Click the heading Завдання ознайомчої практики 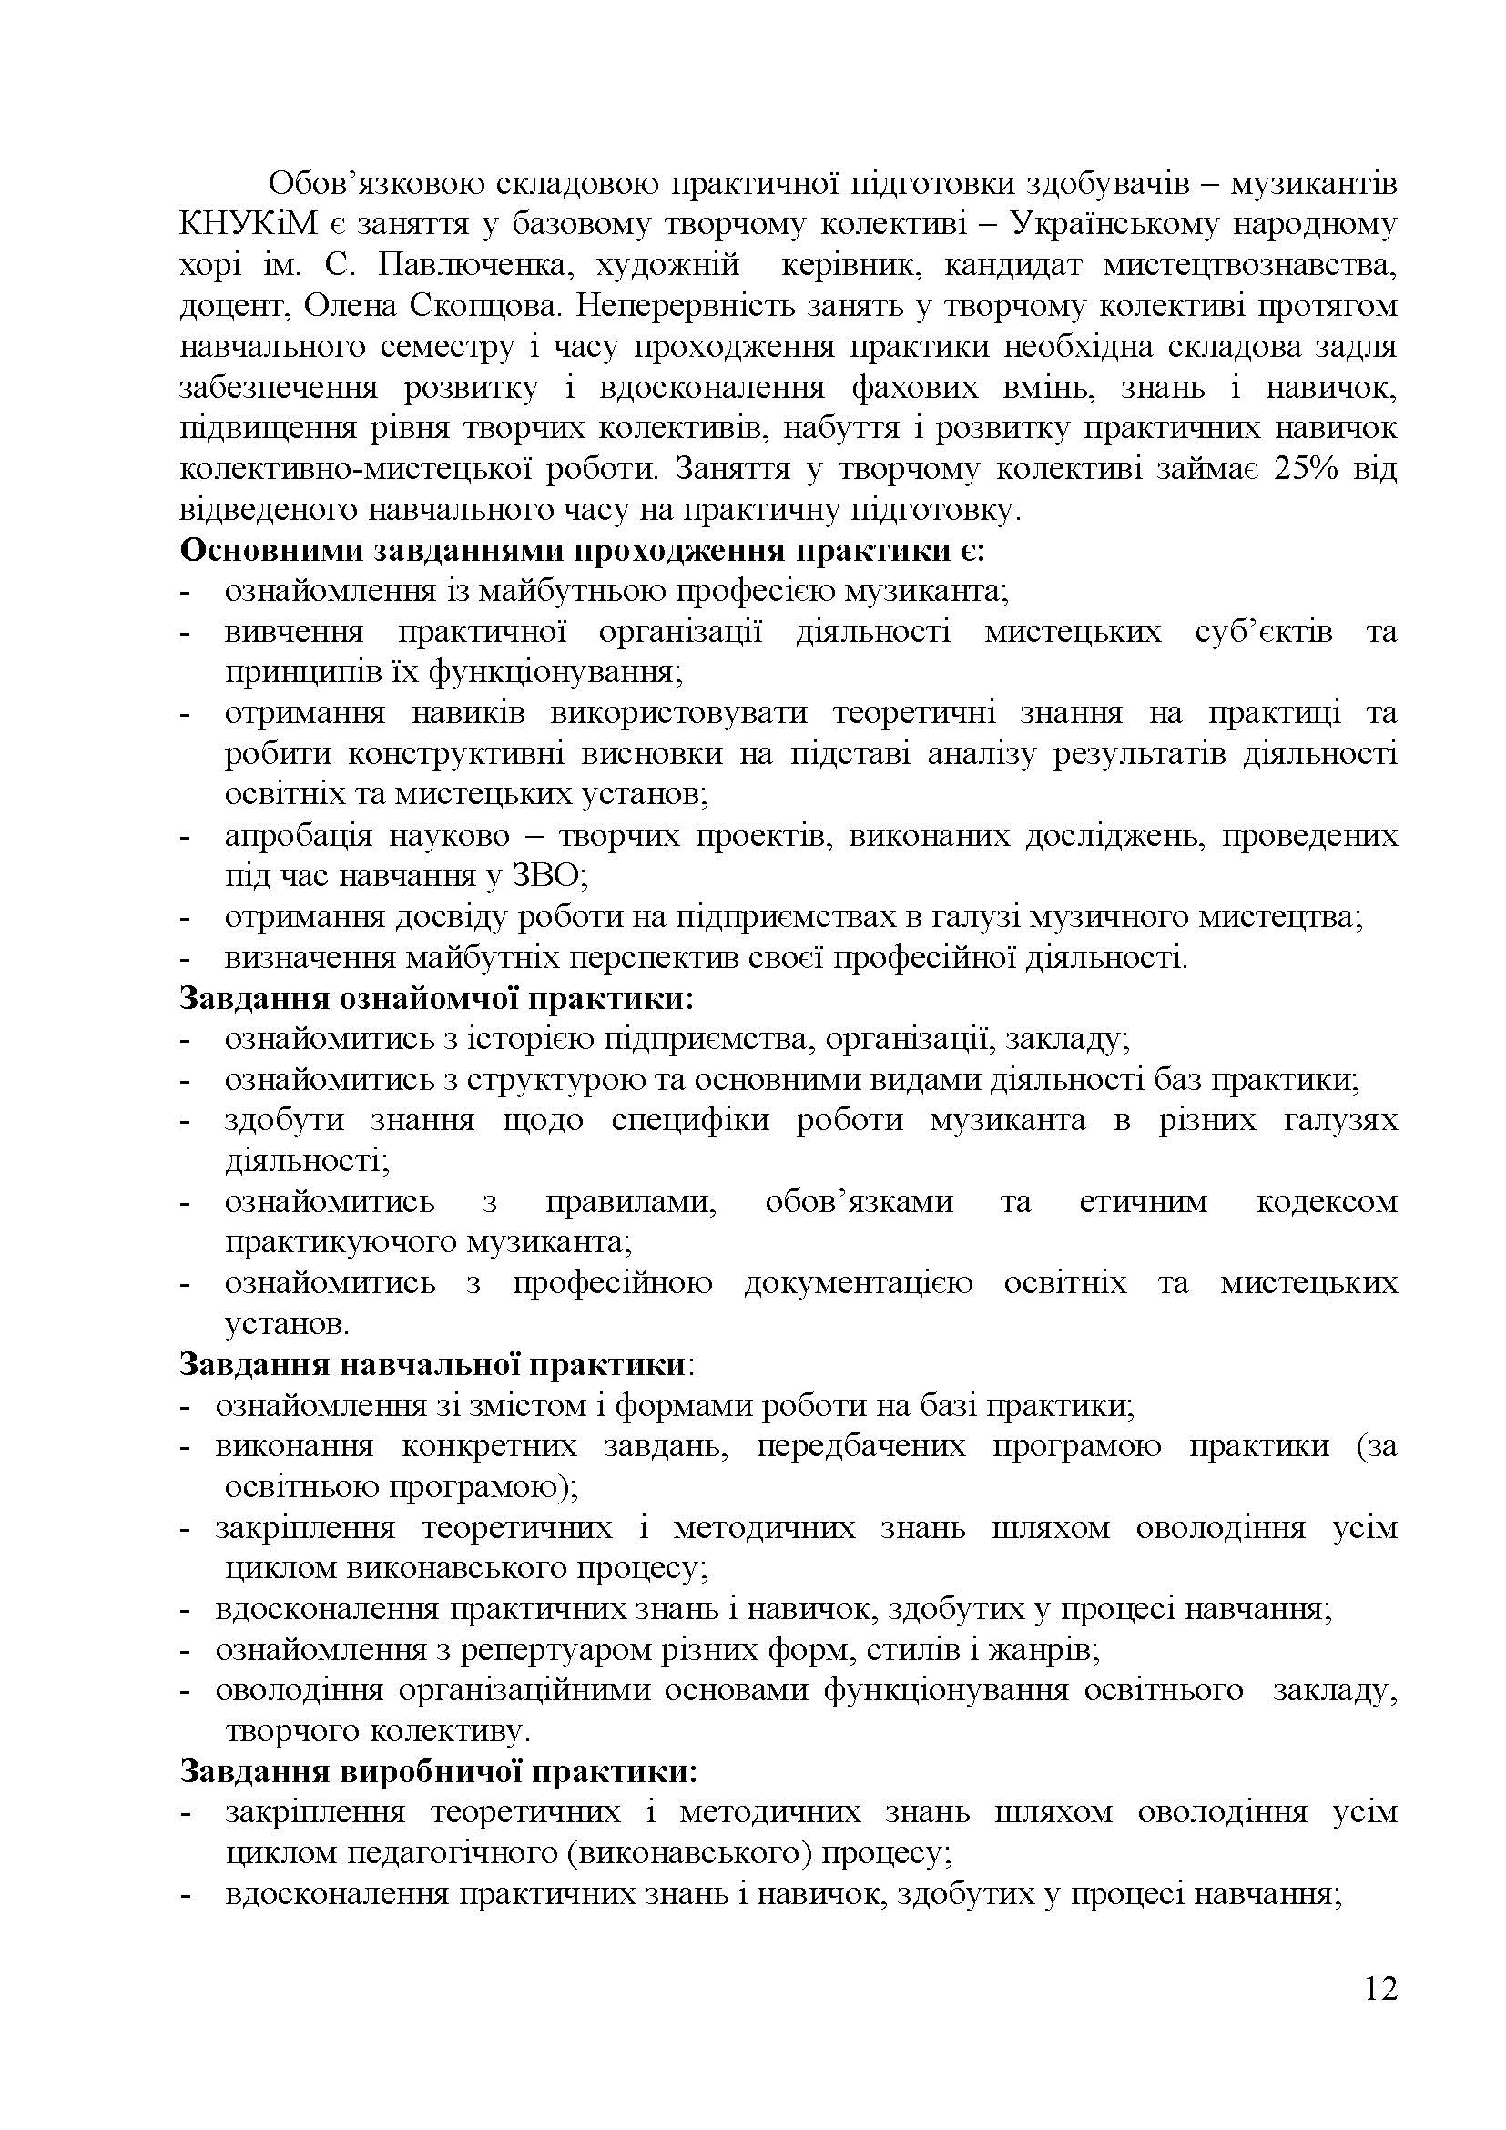437,999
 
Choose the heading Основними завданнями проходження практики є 583,551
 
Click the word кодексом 1326,1202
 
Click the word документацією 858,1283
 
